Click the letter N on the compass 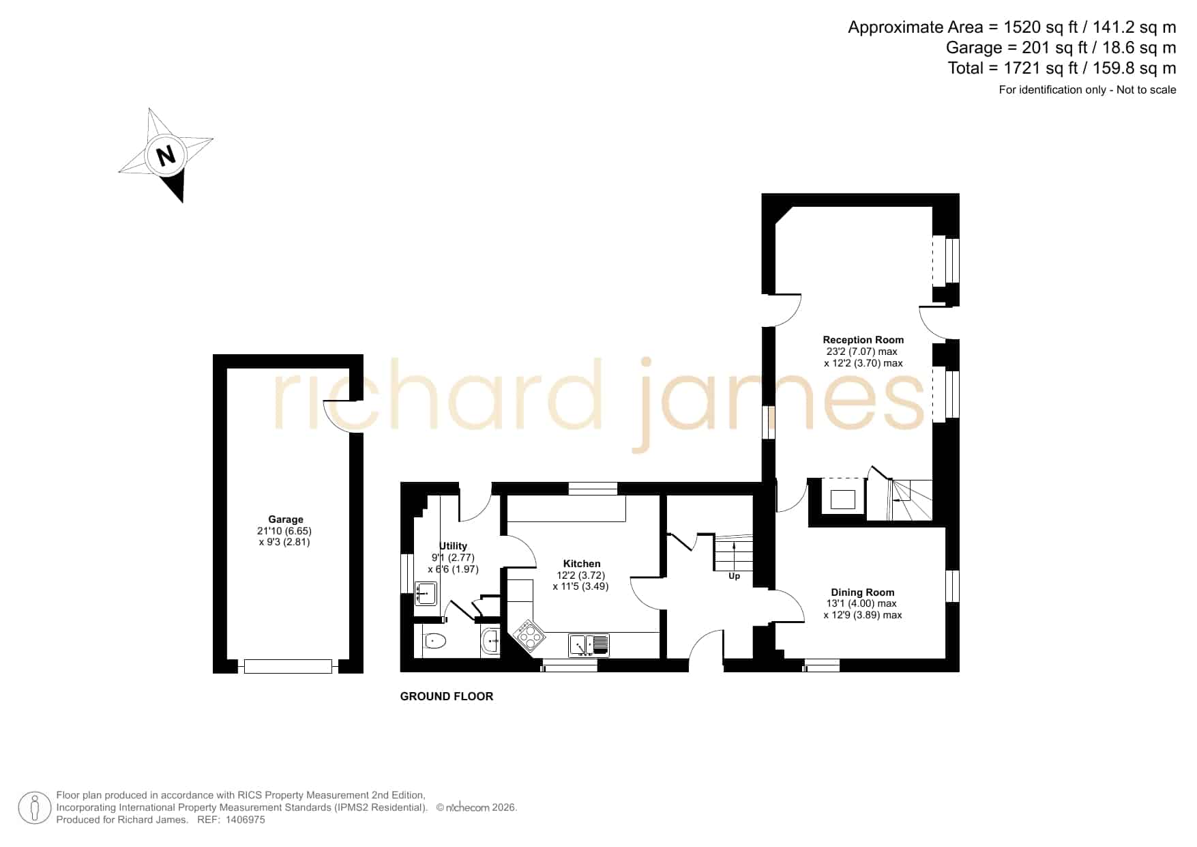click(166, 156)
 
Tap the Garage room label click(286, 519)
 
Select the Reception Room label click(863, 340)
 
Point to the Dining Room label click(862, 592)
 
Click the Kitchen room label click(582, 564)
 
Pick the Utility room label click(454, 546)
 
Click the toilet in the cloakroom click(433, 642)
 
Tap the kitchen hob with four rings click(530, 636)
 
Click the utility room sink click(426, 594)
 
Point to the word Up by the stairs click(734, 576)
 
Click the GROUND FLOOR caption click(447, 696)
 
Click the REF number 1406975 click(245, 820)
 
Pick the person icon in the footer click(34, 808)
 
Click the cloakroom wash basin click(490, 642)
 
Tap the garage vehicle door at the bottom click(288, 666)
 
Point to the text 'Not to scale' click(1146, 89)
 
